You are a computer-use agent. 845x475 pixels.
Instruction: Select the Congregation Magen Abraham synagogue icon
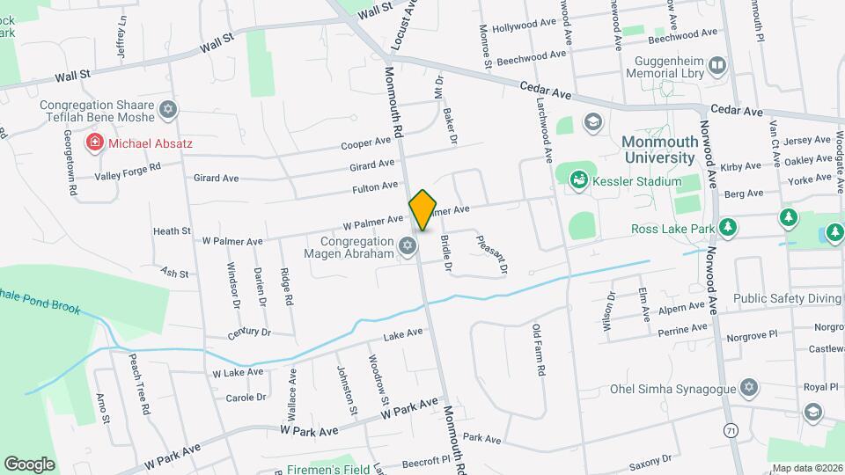pyautogui.click(x=407, y=245)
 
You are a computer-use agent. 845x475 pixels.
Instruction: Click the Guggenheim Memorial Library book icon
pyautogui.click(x=717, y=65)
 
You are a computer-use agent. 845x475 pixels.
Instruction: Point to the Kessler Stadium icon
pyautogui.click(x=579, y=181)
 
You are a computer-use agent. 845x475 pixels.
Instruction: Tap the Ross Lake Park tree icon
pyautogui.click(x=727, y=229)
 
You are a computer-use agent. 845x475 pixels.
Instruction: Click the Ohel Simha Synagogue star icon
pyautogui.click(x=749, y=388)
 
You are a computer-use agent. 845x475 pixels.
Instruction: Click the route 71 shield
pyautogui.click(x=730, y=431)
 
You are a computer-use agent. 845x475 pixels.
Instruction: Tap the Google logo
pyautogui.click(x=29, y=464)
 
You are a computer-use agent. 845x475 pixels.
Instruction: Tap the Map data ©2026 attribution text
pyautogui.click(x=805, y=467)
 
